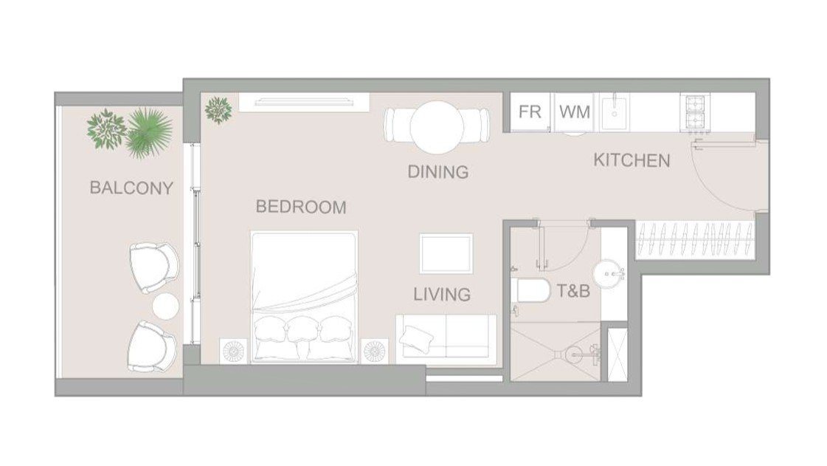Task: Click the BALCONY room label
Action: pyautogui.click(x=131, y=188)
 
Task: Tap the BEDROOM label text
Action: pyautogui.click(x=301, y=207)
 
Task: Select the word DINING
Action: pyautogui.click(x=438, y=171)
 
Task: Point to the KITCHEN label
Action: pyautogui.click(x=632, y=160)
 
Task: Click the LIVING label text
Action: pyautogui.click(x=442, y=295)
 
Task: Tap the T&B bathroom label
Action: pyautogui.click(x=573, y=291)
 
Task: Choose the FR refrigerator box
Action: pyautogui.click(x=530, y=112)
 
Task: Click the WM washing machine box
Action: pyautogui.click(x=575, y=112)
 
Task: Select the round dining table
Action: pyautogui.click(x=437, y=127)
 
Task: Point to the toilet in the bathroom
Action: pyautogui.click(x=530, y=290)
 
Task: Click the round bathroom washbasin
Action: pyautogui.click(x=609, y=274)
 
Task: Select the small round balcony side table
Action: pyautogui.click(x=165, y=306)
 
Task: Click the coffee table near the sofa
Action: pyautogui.click(x=446, y=254)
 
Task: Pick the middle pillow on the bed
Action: pyautogui.click(x=302, y=332)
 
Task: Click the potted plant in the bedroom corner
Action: pyautogui.click(x=218, y=110)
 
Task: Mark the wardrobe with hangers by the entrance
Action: pyautogui.click(x=695, y=239)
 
